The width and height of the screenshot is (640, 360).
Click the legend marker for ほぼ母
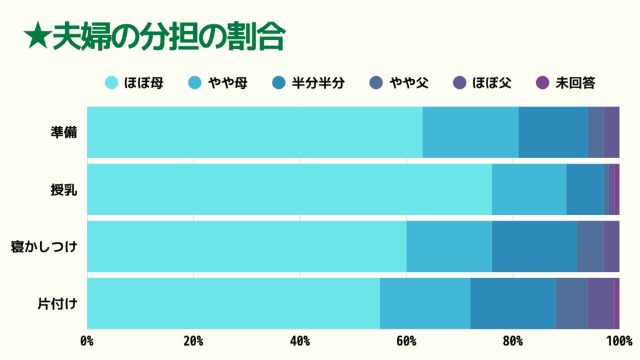[x=112, y=82]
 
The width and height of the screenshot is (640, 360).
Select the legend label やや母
[x=227, y=82]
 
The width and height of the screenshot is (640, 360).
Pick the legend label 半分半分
[x=317, y=82]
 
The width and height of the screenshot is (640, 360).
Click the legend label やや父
[x=409, y=82]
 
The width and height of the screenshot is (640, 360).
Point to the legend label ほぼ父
[x=492, y=82]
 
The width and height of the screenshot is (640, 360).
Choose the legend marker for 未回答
[x=542, y=82]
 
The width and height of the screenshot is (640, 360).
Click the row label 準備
[x=64, y=132]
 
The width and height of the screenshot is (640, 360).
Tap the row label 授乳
[x=64, y=190]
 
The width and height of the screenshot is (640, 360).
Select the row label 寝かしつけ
[x=44, y=247]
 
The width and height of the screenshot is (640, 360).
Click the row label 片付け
[x=57, y=304]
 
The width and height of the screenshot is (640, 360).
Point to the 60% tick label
[x=406, y=341]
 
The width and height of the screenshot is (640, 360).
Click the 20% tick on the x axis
[x=193, y=341]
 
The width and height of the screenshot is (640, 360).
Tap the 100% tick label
[x=619, y=341]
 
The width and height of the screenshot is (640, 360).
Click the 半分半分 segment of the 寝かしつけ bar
[x=534, y=246]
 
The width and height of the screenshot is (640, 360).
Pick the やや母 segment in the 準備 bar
[x=470, y=132]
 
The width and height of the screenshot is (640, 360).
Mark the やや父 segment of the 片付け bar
[x=571, y=303]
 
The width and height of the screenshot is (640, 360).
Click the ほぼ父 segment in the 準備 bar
[x=611, y=132]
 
